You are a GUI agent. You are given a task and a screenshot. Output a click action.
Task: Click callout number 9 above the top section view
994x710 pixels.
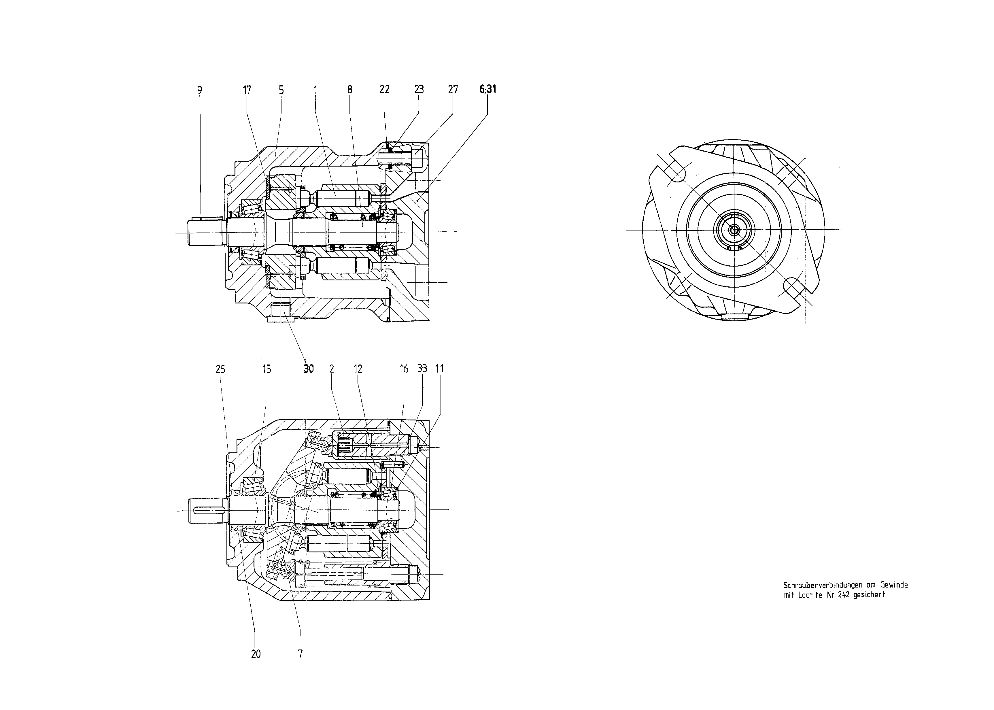pyautogui.click(x=200, y=90)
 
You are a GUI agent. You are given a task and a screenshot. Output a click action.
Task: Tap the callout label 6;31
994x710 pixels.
pyautogui.click(x=488, y=89)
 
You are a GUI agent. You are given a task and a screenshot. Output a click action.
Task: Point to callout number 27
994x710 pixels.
pyautogui.click(x=453, y=90)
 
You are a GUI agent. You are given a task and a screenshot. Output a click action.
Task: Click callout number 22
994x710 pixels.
pyautogui.click(x=384, y=90)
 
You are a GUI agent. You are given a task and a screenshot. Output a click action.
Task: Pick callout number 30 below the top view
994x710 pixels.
pyautogui.click(x=309, y=369)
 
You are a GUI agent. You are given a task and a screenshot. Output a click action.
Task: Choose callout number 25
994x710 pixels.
pyautogui.click(x=220, y=369)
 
